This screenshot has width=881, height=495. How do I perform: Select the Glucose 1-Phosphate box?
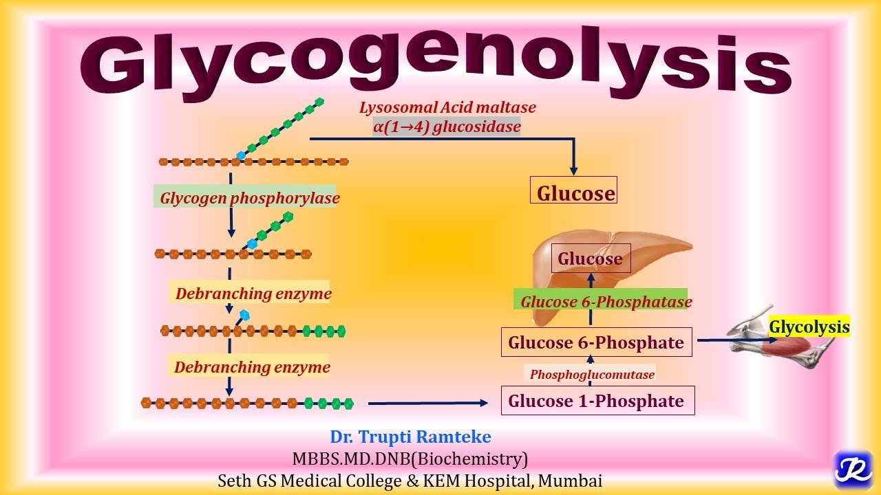point(596,401)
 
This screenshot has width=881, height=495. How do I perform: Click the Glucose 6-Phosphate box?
point(596,342)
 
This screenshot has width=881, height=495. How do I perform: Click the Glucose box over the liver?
point(591,258)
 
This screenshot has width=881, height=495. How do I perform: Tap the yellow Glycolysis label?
point(809,327)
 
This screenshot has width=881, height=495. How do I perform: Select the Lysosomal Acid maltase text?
point(447,107)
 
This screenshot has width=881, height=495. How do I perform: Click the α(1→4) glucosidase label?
point(447,126)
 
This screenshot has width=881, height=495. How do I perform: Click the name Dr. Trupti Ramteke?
point(410,437)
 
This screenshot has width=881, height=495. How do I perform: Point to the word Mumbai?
point(570,481)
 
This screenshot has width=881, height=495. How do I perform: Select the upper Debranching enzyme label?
point(253,294)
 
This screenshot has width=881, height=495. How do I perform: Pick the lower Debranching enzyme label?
point(251,366)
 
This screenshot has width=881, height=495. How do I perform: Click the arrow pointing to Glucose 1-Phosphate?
point(434,404)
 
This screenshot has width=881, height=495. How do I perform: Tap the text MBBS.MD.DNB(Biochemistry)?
point(410,459)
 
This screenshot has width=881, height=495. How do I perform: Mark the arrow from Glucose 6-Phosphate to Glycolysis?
point(730,340)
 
